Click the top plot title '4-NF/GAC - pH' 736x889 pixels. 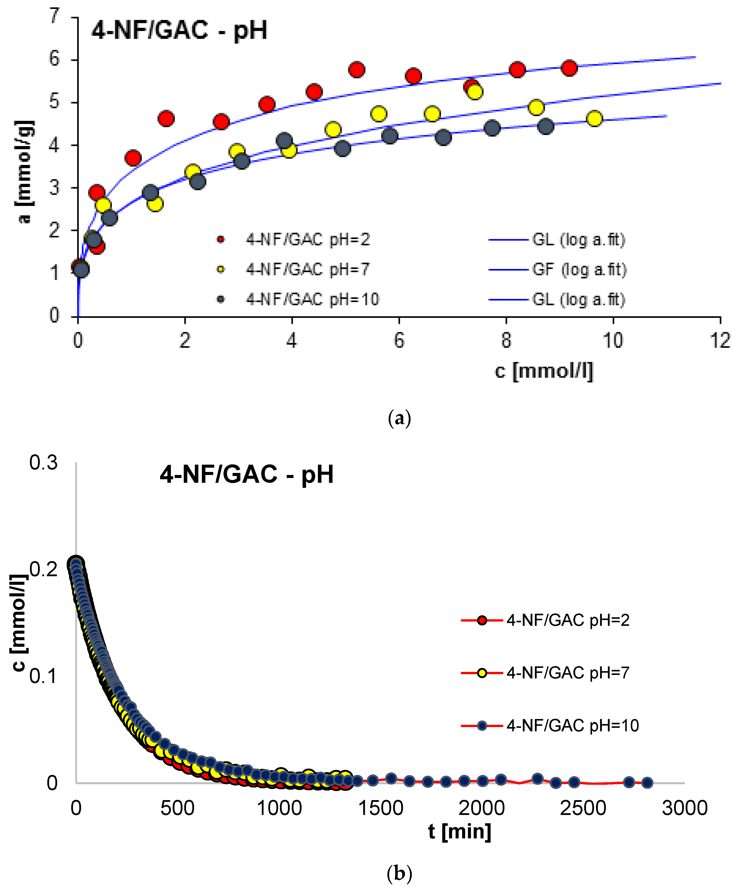tap(179, 30)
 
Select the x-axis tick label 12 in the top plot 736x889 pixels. tap(719, 341)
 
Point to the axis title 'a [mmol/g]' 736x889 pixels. tap(25, 172)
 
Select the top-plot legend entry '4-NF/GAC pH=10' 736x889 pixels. tap(312, 299)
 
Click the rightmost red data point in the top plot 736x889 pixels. tap(569, 68)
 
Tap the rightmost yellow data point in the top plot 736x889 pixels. tap(594, 119)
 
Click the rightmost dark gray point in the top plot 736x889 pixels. tap(546, 126)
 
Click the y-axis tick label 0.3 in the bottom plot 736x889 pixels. tap(43, 463)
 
